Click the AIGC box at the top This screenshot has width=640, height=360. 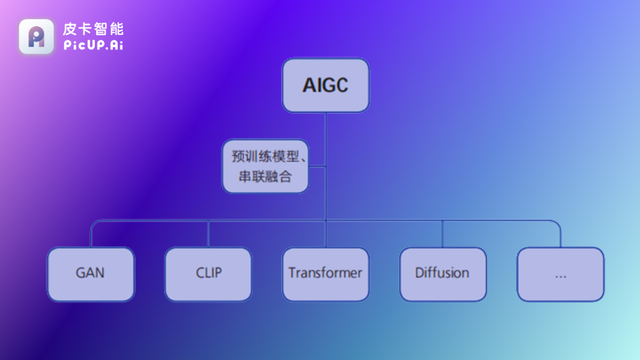(325, 85)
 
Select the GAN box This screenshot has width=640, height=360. (90, 274)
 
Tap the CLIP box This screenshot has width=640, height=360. (208, 274)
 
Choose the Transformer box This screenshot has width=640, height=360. (325, 274)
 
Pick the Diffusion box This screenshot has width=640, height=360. (443, 274)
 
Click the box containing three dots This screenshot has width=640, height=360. (560, 274)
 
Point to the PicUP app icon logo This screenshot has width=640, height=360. (36, 37)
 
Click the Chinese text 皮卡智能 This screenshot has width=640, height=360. (93, 29)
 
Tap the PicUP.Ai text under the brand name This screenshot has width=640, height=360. (93, 45)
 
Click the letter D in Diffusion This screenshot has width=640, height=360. (419, 273)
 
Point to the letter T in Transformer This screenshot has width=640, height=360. (292, 273)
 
